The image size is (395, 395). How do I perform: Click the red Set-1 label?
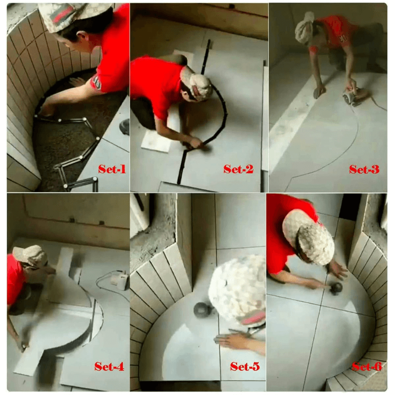(x=112, y=169)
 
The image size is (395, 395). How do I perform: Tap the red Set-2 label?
(x=238, y=169)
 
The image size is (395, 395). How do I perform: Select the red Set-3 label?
(x=364, y=169)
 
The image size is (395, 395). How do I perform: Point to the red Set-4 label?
(x=109, y=366)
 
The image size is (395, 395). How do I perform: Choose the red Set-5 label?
(x=245, y=366)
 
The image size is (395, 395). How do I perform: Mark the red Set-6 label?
(x=367, y=366)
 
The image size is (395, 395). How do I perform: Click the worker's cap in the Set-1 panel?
(x=73, y=16)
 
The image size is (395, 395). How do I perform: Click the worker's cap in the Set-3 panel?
(x=304, y=28)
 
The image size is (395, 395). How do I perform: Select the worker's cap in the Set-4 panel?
(x=30, y=256)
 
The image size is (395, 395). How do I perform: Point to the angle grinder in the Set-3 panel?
(x=352, y=97)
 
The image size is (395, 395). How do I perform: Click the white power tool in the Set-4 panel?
(x=120, y=279)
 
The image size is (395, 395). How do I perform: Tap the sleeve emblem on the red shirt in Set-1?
(x=97, y=82)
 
